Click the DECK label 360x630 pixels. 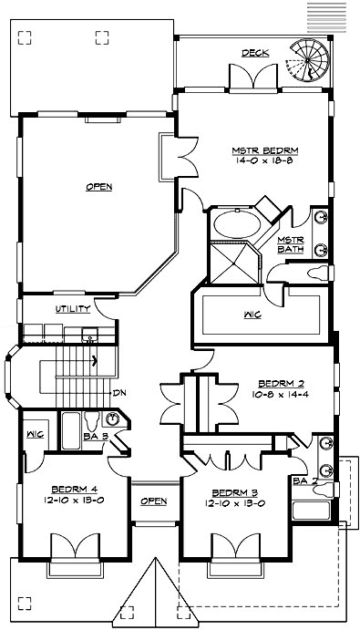(x=255, y=54)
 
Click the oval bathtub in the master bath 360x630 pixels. (x=235, y=224)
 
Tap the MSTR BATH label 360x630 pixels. (x=290, y=243)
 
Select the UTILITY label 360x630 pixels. (x=72, y=309)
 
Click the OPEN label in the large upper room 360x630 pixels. (x=98, y=188)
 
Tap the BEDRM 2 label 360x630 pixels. (x=274, y=383)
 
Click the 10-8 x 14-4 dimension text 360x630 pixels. (x=274, y=394)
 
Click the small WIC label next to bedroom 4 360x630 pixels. (x=36, y=434)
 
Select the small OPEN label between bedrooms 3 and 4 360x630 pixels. (x=154, y=501)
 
